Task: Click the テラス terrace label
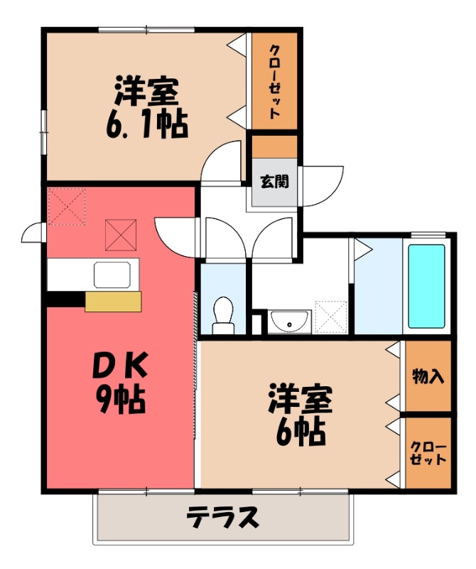tap(222, 518)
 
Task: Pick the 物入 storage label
tap(428, 376)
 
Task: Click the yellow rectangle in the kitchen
tap(113, 302)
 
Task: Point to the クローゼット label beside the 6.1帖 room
tap(274, 82)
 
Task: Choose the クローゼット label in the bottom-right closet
tap(428, 453)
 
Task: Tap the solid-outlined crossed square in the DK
tap(120, 235)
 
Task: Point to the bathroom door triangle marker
tap(362, 248)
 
